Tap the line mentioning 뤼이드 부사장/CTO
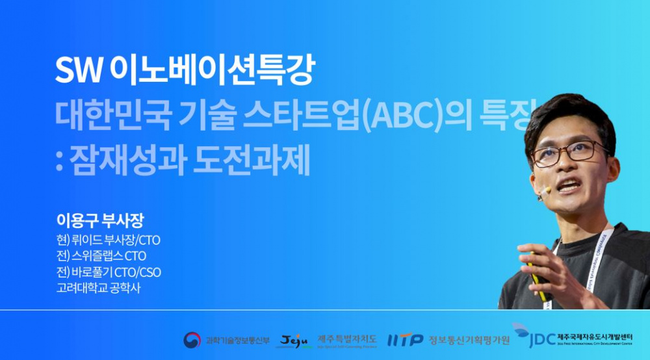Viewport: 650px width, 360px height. click(x=108, y=240)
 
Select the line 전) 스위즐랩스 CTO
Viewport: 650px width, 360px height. click(x=101, y=256)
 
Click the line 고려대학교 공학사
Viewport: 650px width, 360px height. click(x=98, y=288)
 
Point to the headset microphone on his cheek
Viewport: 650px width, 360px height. click(x=543, y=190)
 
